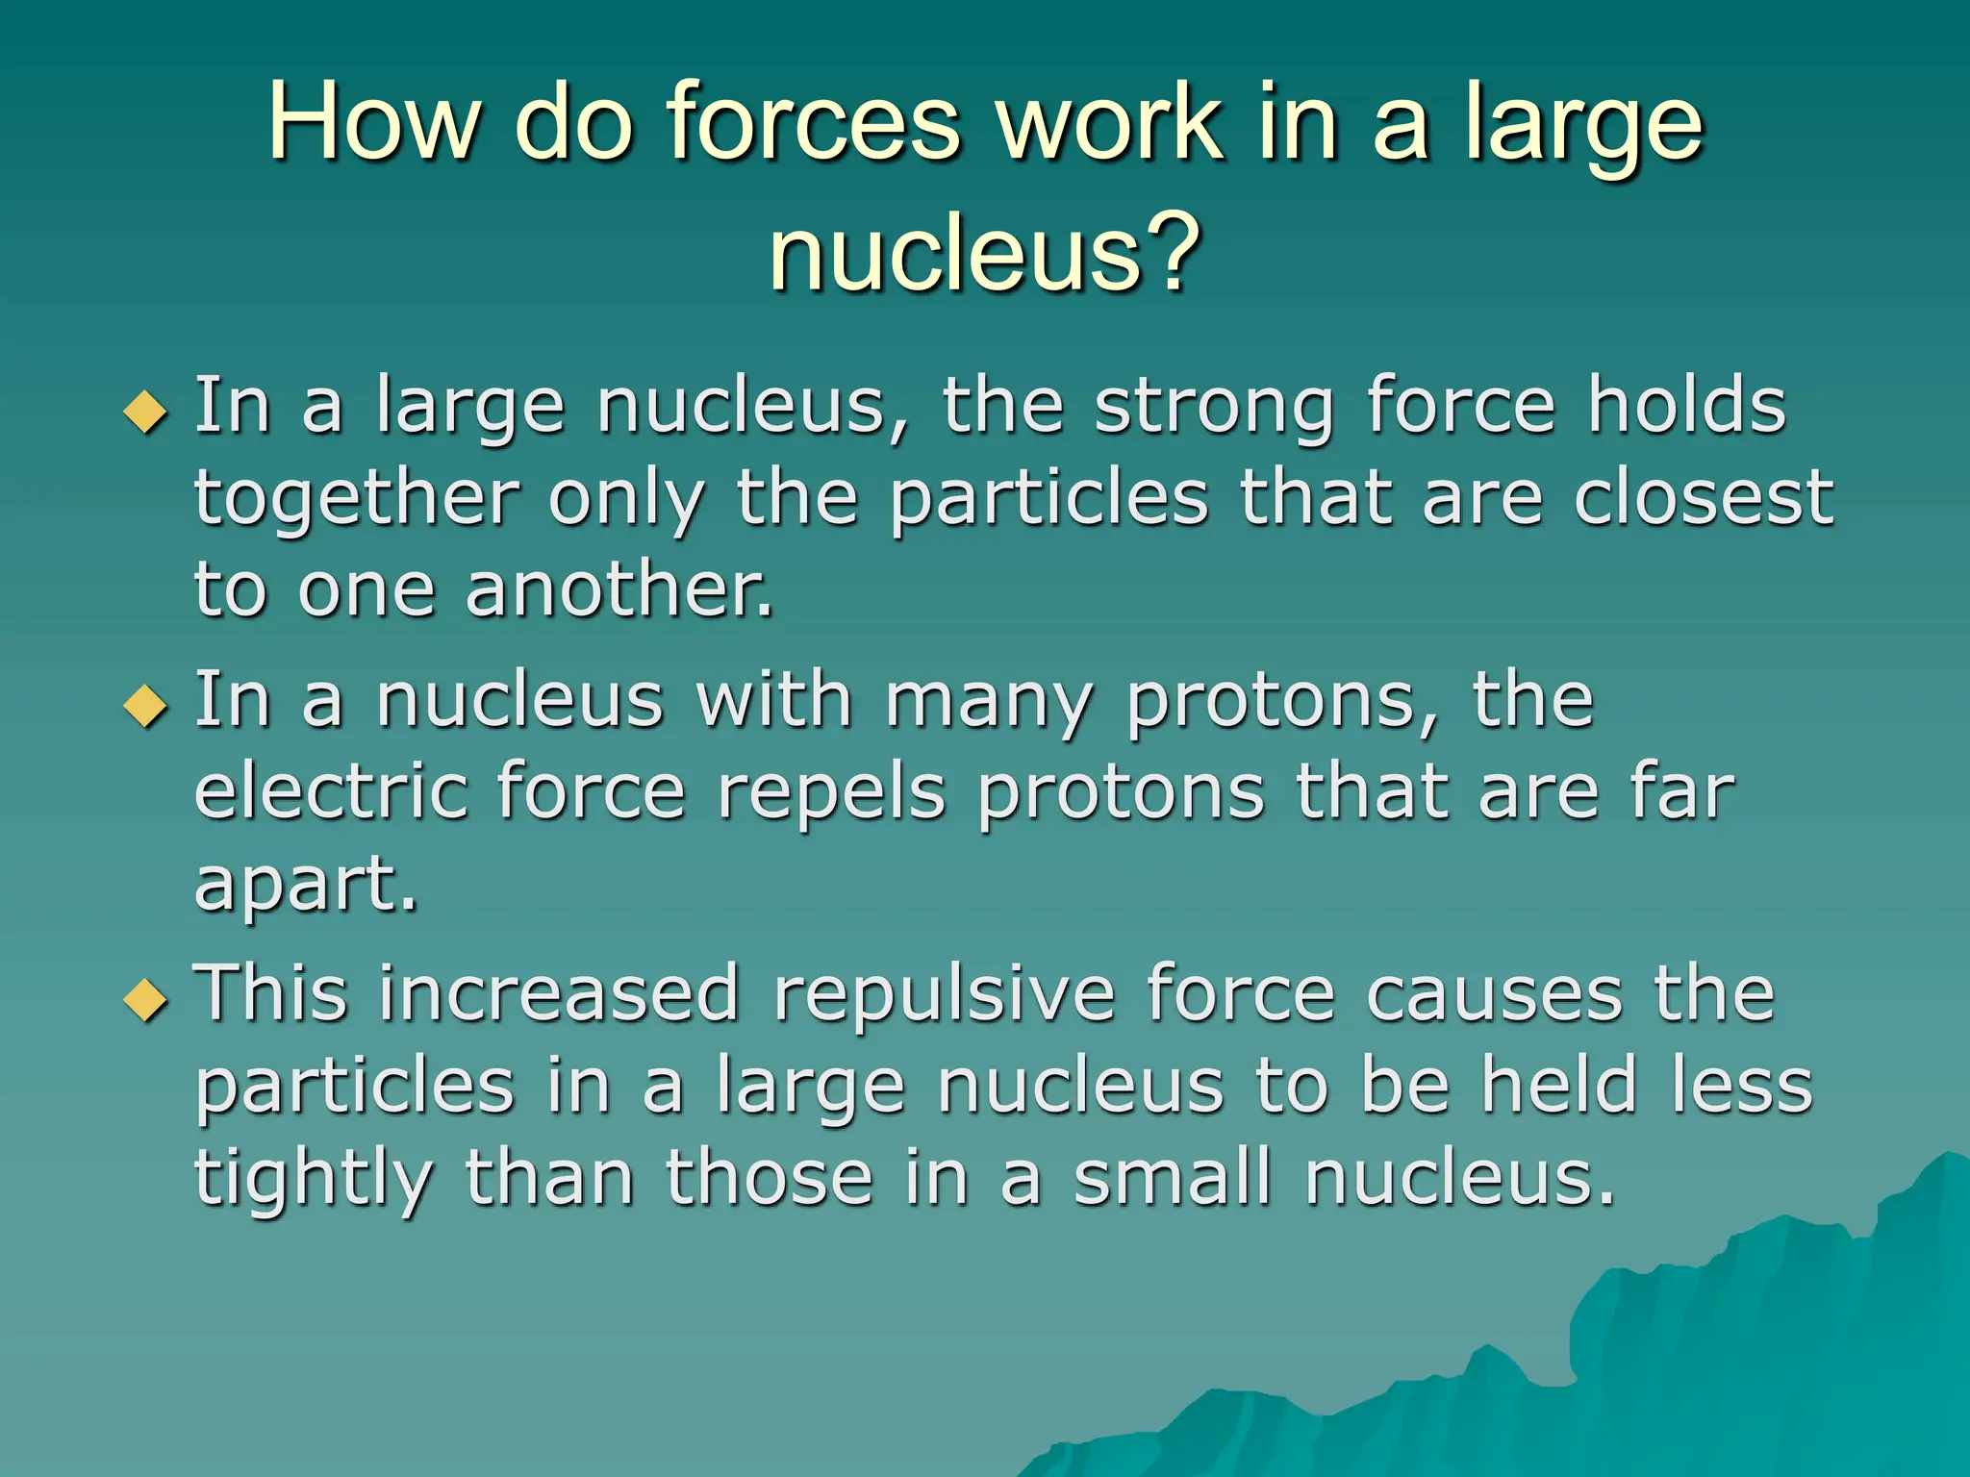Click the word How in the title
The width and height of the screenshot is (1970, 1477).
[x=371, y=123]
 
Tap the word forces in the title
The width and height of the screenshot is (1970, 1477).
[x=814, y=123]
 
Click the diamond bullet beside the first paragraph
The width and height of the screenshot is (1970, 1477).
[x=146, y=413]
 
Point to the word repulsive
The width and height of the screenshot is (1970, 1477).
[x=944, y=994]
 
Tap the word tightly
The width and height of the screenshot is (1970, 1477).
[x=314, y=1181]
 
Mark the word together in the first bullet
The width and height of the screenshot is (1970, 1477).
[x=357, y=500]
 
